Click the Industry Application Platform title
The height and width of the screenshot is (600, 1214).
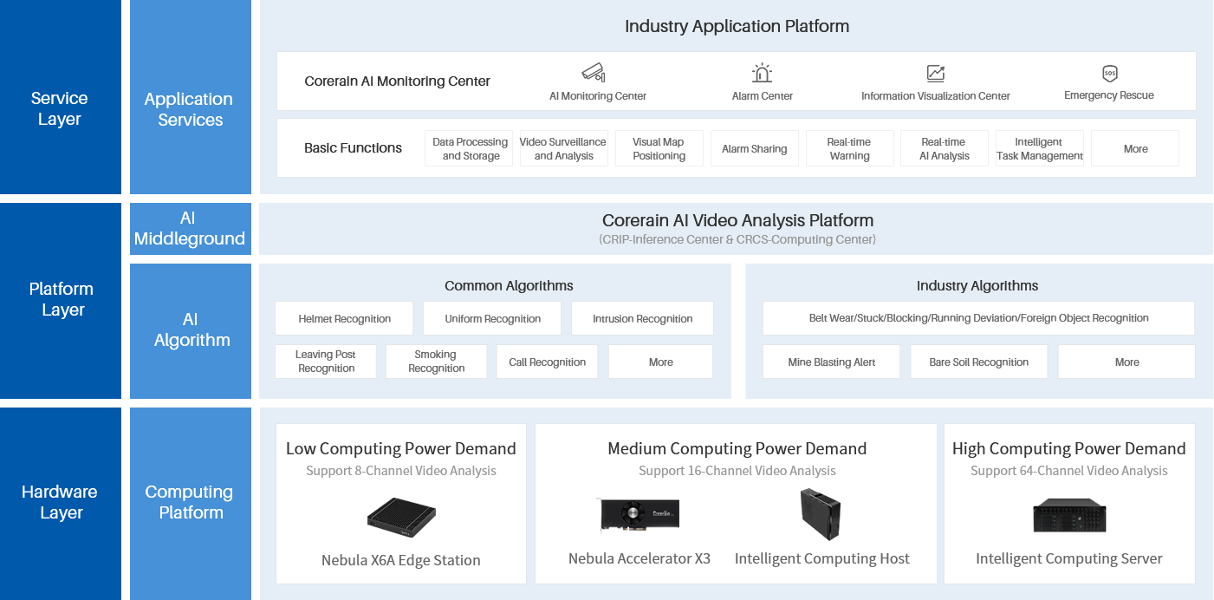point(737,26)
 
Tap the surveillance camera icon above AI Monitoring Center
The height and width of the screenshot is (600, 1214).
point(593,73)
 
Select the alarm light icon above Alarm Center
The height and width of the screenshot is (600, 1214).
point(762,73)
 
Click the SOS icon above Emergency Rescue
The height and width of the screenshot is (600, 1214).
point(1109,74)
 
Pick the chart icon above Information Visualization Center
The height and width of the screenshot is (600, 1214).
point(935,74)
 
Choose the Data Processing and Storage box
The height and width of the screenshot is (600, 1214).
point(470,148)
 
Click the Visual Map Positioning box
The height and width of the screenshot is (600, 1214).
point(659,148)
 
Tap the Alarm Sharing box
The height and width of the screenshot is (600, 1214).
point(754,148)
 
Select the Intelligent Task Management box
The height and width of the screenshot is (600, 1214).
point(1039,148)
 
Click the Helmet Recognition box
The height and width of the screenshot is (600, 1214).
point(344,318)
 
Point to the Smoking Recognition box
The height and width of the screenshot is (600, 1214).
point(436,362)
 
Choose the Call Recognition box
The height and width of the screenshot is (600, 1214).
point(547,362)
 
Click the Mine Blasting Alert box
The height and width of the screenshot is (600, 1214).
point(831,362)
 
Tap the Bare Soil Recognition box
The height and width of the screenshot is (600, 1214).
point(978,362)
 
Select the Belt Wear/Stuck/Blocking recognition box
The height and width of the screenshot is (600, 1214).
point(978,318)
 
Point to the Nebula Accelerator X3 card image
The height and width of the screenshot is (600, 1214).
point(639,514)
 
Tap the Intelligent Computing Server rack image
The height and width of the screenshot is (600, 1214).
point(1068,516)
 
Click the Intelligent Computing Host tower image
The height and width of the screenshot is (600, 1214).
point(820,513)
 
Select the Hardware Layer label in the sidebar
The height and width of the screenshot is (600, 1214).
point(61,502)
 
